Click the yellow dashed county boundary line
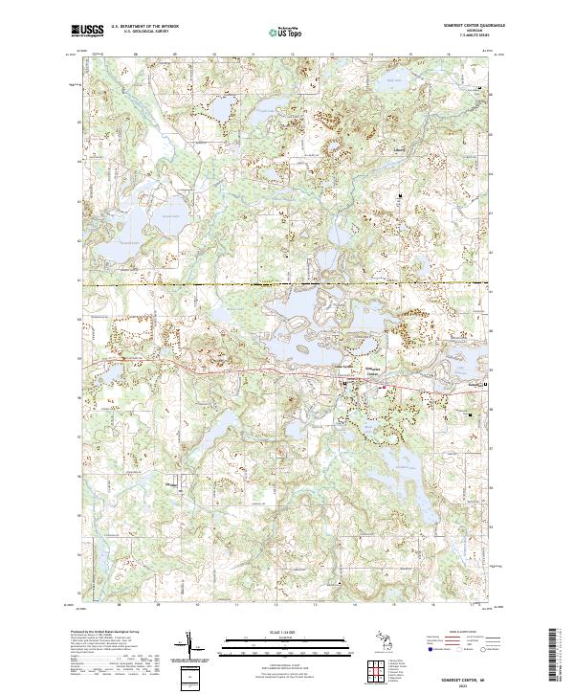pyautogui.click(x=191, y=284)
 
